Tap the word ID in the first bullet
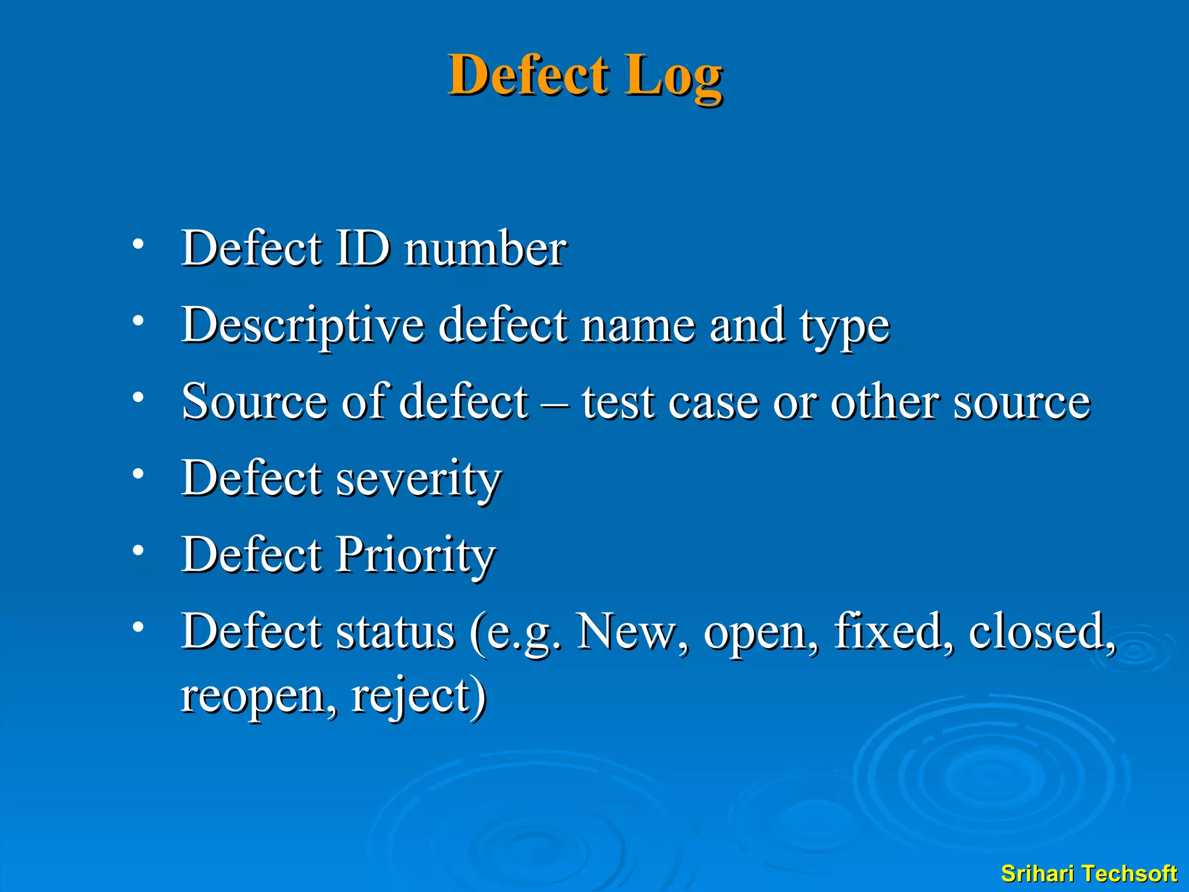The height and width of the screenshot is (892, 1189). tap(363, 248)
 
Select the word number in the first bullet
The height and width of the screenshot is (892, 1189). tap(485, 249)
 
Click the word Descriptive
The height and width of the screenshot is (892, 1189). tap(302, 325)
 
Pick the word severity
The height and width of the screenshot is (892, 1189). tap(419, 479)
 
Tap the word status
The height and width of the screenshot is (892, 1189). tap(395, 632)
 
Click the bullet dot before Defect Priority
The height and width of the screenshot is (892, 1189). tap(138, 550)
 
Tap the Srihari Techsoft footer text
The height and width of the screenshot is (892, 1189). tap(1089, 873)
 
